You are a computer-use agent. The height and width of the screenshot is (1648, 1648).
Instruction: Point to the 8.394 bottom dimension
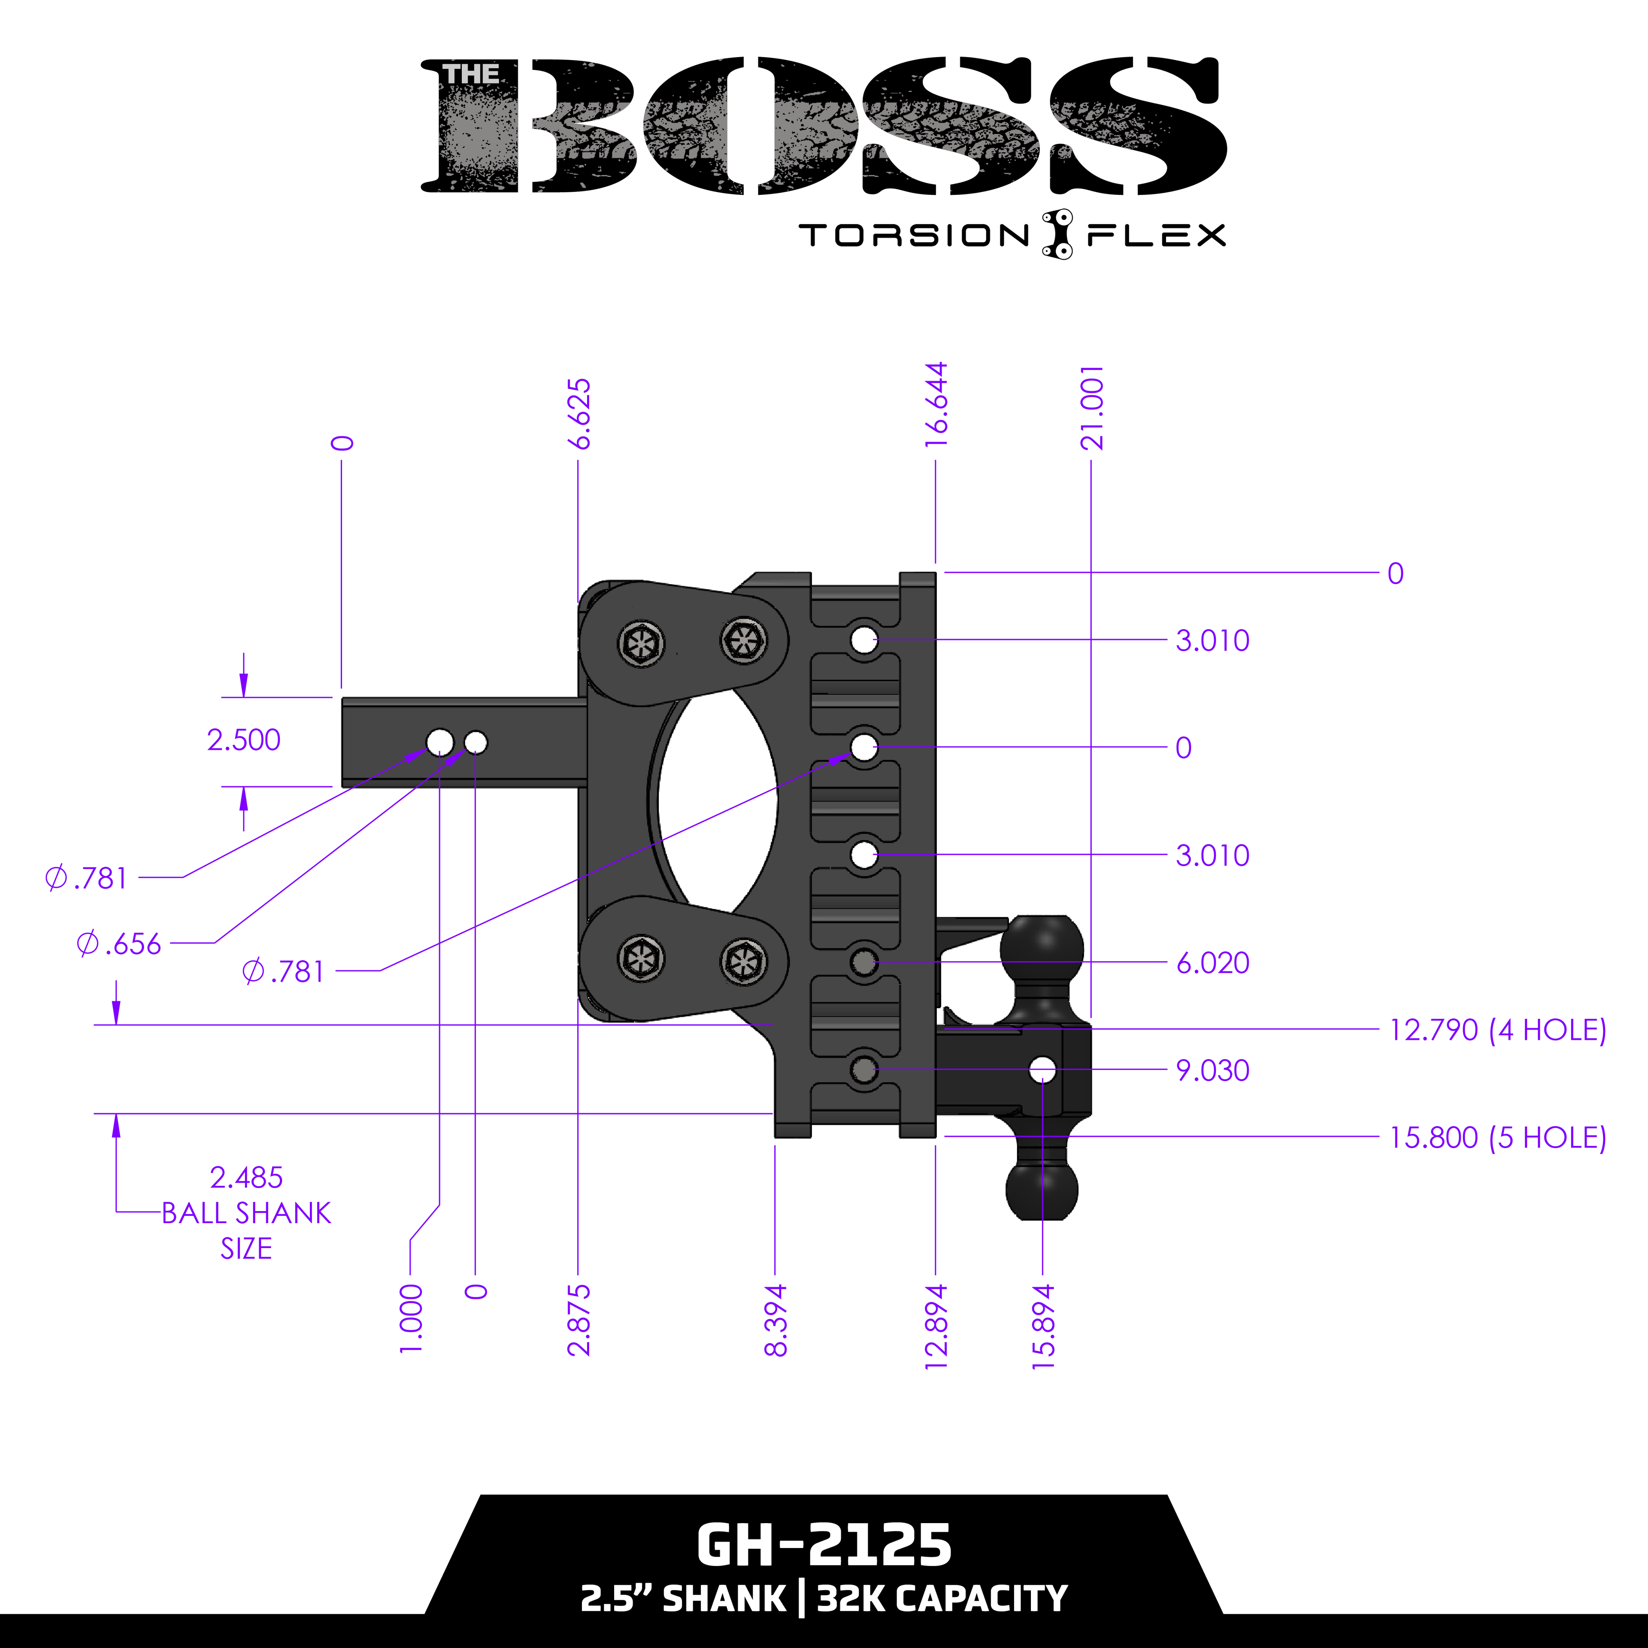click(x=776, y=1320)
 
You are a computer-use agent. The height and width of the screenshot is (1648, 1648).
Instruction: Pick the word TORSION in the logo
click(x=914, y=236)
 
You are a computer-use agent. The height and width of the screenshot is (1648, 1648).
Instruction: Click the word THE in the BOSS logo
click(x=471, y=75)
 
